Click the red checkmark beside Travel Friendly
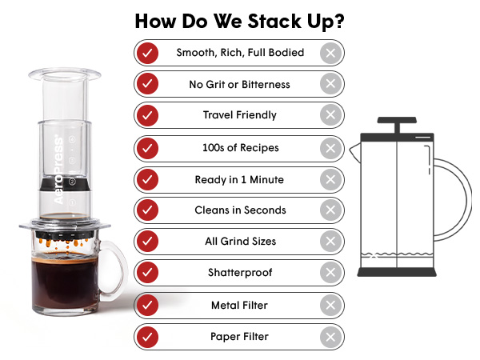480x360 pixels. pyautogui.click(x=147, y=115)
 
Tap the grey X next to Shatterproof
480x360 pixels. pyautogui.click(x=330, y=272)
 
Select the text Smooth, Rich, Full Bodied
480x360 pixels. pyautogui.click(x=240, y=53)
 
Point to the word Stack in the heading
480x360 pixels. pyautogui.click(x=274, y=21)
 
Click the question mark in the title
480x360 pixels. pyautogui.click(x=339, y=21)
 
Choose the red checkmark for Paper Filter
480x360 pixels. pyautogui.click(x=147, y=337)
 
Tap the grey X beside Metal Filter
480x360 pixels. pyautogui.click(x=330, y=306)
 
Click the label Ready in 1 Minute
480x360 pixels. pyautogui.click(x=239, y=179)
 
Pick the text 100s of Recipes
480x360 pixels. pyautogui.click(x=241, y=148)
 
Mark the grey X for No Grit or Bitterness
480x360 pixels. pyautogui.click(x=330, y=83)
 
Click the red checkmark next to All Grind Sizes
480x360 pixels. pyautogui.click(x=147, y=242)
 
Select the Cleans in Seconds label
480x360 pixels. pyautogui.click(x=240, y=210)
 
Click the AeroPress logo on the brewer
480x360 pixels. pyautogui.click(x=58, y=170)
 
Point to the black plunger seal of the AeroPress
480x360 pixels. pyautogui.click(x=65, y=184)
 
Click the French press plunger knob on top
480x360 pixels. pyautogui.click(x=397, y=120)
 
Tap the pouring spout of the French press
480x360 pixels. pyautogui.click(x=355, y=151)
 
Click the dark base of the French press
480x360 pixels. pyautogui.click(x=397, y=272)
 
